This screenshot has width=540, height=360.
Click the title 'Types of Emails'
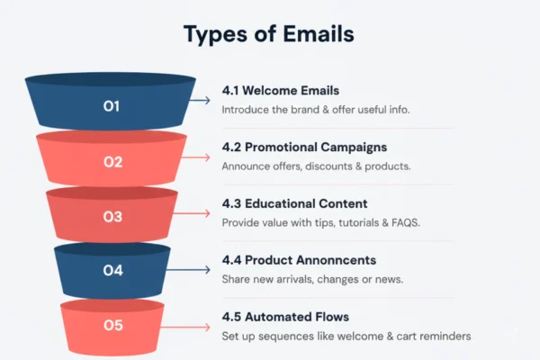click(269, 35)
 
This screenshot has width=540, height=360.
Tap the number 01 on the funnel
click(112, 106)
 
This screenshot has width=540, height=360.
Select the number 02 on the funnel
click(112, 162)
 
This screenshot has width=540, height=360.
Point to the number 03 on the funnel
click(112, 216)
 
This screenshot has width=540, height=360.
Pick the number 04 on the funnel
click(112, 269)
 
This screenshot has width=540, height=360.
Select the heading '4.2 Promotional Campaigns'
click(304, 147)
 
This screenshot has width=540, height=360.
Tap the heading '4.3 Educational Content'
click(294, 203)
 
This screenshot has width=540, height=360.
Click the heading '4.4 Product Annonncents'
click(299, 260)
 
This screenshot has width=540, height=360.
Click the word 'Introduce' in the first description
click(247, 109)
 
